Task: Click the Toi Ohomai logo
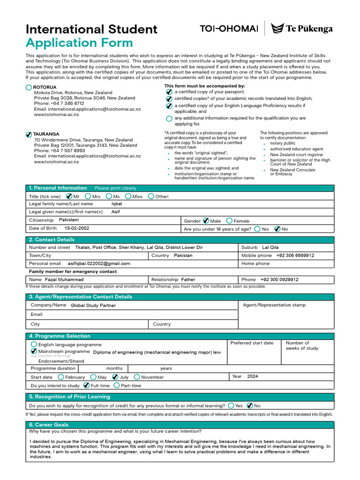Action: click(229, 29)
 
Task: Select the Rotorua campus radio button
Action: click(29, 88)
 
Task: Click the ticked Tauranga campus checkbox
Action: click(29, 135)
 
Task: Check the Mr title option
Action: click(69, 196)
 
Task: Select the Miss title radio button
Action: click(128, 196)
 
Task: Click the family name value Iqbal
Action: click(116, 204)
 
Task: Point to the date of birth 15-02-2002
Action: click(77, 228)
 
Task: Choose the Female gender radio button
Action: click(229, 221)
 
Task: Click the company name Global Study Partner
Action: click(93, 305)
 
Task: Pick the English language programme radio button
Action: click(34, 344)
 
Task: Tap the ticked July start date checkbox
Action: click(115, 377)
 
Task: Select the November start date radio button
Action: click(137, 377)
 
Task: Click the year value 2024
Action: click(253, 376)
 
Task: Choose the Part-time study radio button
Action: click(117, 386)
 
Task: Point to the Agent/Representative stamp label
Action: click(274, 305)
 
